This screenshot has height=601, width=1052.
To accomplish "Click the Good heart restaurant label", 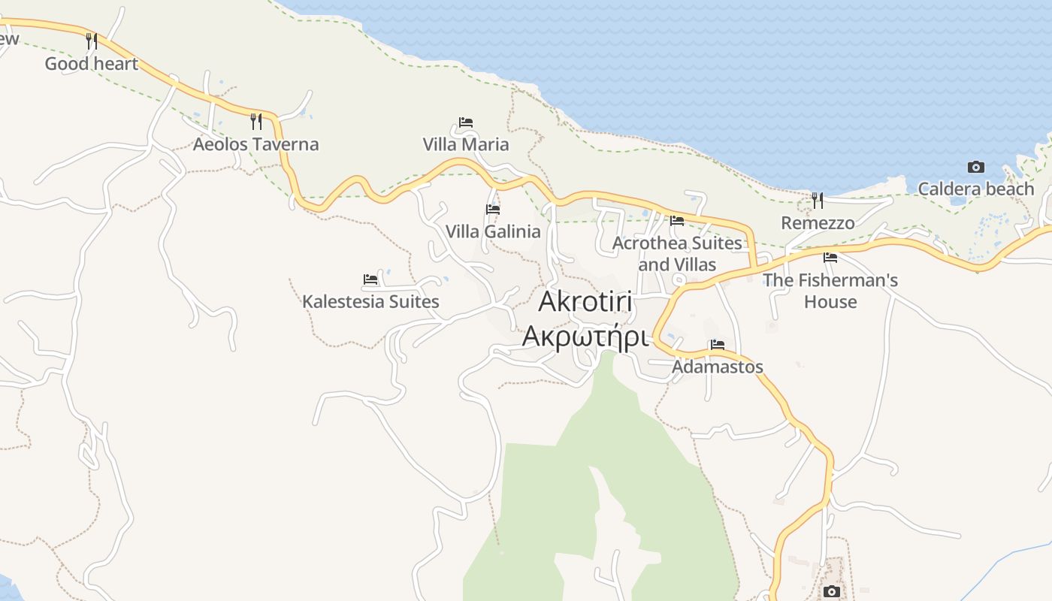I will click(92, 64).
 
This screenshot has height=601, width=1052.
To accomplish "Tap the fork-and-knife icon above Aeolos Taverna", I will click(256, 121).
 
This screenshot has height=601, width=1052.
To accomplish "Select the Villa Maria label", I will click(466, 144).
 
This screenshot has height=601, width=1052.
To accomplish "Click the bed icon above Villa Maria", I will click(466, 122).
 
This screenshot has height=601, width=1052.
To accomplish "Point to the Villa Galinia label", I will click(493, 231).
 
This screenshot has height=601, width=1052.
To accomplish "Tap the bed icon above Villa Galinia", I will click(493, 209).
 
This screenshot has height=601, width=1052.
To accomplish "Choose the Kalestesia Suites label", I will click(370, 301).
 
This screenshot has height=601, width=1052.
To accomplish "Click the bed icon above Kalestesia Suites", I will click(370, 279).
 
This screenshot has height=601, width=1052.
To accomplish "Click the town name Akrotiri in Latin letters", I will click(585, 302).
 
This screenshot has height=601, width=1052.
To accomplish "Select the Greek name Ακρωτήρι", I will click(585, 337).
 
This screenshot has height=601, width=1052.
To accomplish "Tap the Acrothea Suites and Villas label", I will click(677, 254).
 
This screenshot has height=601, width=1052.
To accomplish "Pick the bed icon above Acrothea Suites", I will click(677, 221).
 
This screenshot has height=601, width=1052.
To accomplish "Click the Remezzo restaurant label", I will click(818, 223).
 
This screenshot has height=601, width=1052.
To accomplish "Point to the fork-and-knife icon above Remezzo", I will click(818, 201).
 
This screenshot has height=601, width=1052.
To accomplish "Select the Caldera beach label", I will click(976, 189).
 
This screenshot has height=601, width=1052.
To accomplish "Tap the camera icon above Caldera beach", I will click(976, 167).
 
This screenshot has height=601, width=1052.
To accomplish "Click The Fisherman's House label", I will click(830, 291).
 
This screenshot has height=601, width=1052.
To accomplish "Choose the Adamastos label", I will click(718, 367).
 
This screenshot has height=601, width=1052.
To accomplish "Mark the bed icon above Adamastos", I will click(718, 345).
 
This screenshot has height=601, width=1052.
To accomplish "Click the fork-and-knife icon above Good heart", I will click(92, 41).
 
